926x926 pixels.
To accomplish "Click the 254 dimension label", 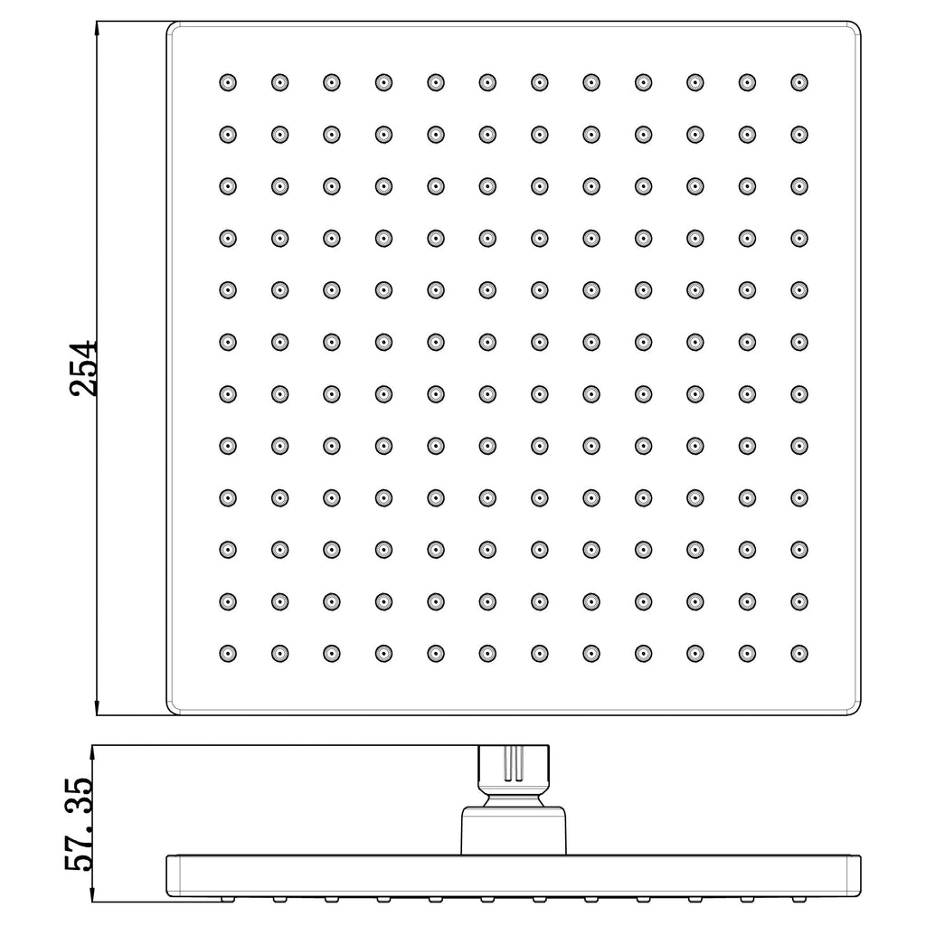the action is point(82,367).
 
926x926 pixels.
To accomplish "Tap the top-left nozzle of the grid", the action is point(228,82).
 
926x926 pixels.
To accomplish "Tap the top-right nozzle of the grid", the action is point(799,82).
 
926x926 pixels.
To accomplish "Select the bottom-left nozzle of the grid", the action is point(228,654).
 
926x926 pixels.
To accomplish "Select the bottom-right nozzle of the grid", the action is point(799,654).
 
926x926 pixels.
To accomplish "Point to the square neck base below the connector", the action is point(514,830).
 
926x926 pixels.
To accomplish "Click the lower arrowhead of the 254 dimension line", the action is point(97,707).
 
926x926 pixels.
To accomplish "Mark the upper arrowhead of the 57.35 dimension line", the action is point(93,754).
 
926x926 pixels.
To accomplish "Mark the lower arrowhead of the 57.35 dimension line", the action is point(93,893).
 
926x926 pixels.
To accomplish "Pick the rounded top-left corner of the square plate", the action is point(171,26).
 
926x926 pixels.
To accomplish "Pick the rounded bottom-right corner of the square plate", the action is point(855,711).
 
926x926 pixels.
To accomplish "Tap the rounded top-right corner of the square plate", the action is point(855,26).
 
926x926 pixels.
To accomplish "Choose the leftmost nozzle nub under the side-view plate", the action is point(227,900).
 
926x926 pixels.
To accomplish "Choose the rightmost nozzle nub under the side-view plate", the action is point(799,900).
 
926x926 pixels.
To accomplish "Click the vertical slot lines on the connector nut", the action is point(514,763).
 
